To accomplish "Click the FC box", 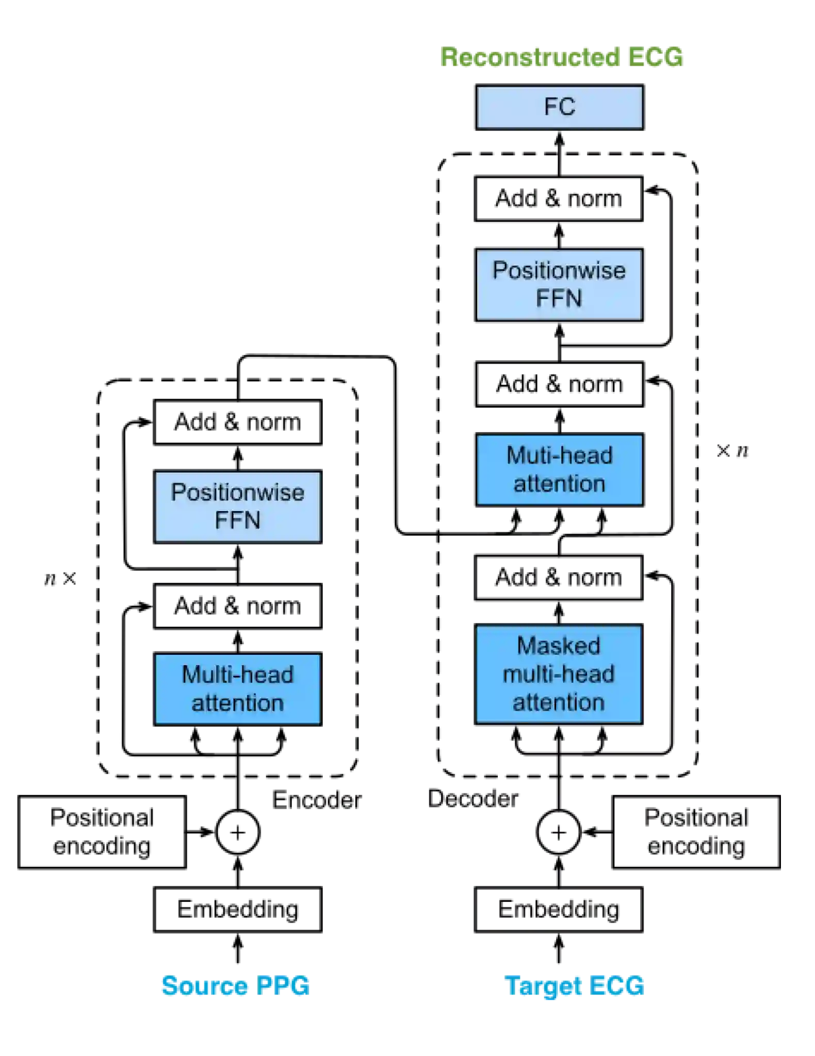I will pos(559,107).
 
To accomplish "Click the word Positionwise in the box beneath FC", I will pos(559,271).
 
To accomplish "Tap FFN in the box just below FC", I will pos(559,299).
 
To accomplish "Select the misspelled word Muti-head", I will pos(559,456).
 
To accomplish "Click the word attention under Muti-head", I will pos(559,484).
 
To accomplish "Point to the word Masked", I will pos(559,646).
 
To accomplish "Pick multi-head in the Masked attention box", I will pos(559,674).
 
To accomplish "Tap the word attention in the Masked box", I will pos(559,703).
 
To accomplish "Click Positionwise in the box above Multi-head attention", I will pos(237,493).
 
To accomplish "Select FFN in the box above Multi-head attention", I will pos(237,521).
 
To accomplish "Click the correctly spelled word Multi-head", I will pos(237,675).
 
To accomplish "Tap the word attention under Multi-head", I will pos(237,703).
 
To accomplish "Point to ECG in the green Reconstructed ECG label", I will pos(655,57).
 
